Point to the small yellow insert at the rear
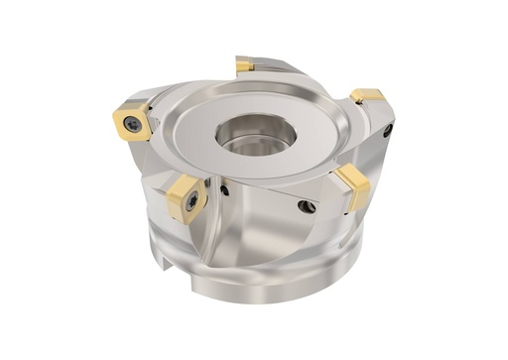pos(244,64)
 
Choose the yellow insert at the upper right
pos(367,97)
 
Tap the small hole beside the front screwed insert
pos(225,189)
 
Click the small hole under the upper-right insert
pos(388,129)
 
